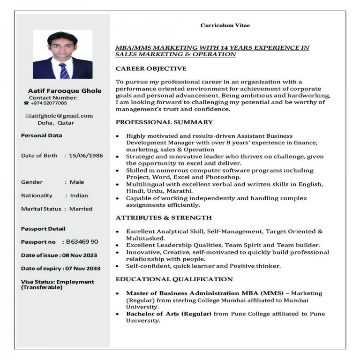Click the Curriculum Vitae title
pyautogui.click(x=225, y=25)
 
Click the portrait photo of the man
pyautogui.click(x=62, y=54)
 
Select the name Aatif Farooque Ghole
pyautogui.click(x=65, y=90)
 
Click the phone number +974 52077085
pyautogui.click(x=49, y=103)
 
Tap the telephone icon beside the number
pyautogui.click(x=26, y=103)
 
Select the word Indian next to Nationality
pyautogui.click(x=79, y=195)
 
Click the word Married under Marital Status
pyautogui.click(x=81, y=209)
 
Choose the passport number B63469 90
pyautogui.click(x=82, y=242)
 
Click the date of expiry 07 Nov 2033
pyautogui.click(x=82, y=269)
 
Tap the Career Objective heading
pyautogui.click(x=151, y=68)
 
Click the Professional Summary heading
pyautogui.click(x=164, y=122)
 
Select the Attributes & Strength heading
pyautogui.click(x=164, y=218)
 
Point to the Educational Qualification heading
pyautogui.click(x=174, y=279)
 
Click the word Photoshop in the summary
pyautogui.click(x=225, y=178)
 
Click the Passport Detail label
pyautogui.click(x=43, y=229)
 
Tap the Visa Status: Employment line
pyautogui.click(x=57, y=282)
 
